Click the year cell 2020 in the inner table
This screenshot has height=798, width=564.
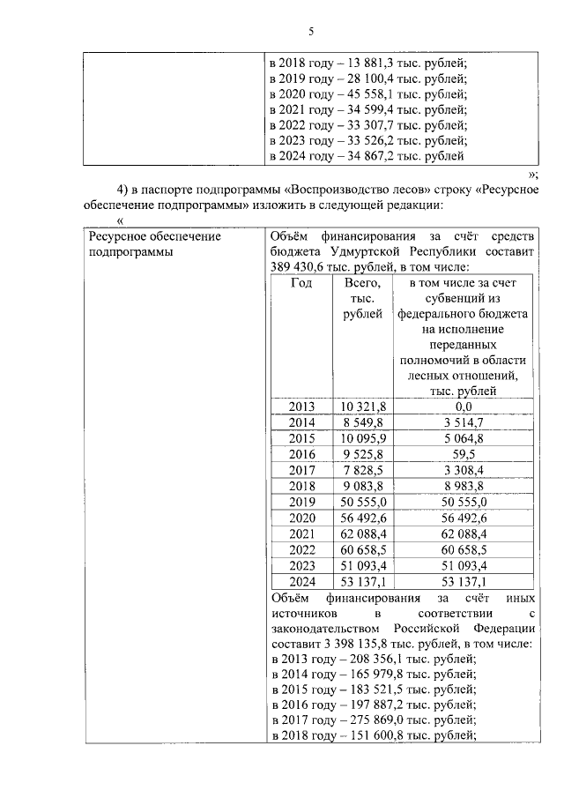pyautogui.click(x=301, y=518)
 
